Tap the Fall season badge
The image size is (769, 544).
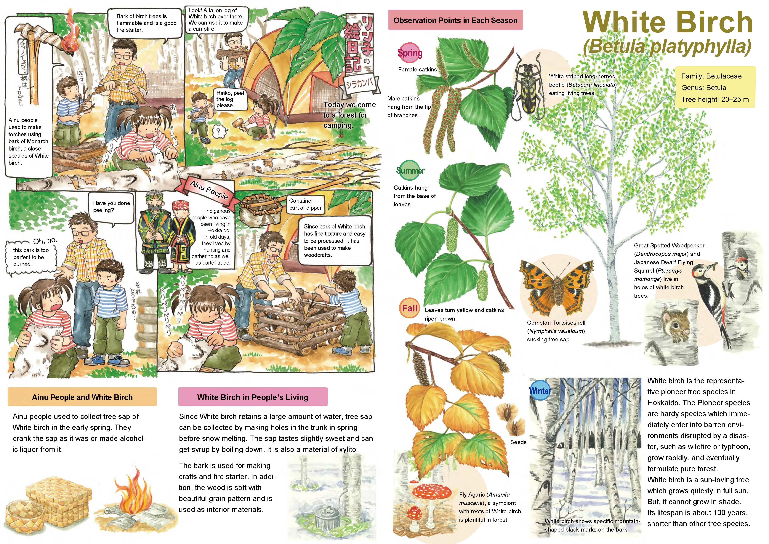click(409, 308)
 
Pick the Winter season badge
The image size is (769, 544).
click(540, 390)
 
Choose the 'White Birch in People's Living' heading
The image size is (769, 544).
click(253, 397)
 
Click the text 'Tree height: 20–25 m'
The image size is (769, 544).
click(715, 100)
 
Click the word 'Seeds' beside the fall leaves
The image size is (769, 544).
click(518, 442)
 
